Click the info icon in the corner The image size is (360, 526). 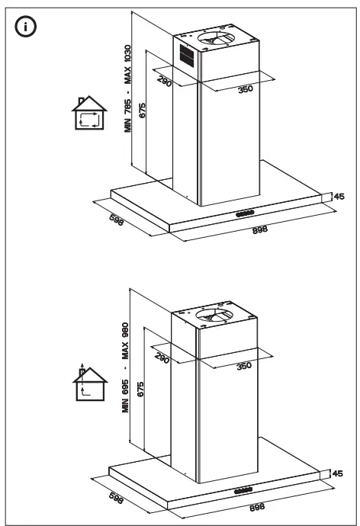(28, 27)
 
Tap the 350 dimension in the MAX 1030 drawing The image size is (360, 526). (245, 89)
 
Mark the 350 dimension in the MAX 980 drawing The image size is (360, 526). (243, 366)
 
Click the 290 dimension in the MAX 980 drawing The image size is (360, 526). (162, 358)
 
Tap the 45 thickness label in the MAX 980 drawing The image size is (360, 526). (337, 474)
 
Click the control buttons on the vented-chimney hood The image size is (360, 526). (245, 213)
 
